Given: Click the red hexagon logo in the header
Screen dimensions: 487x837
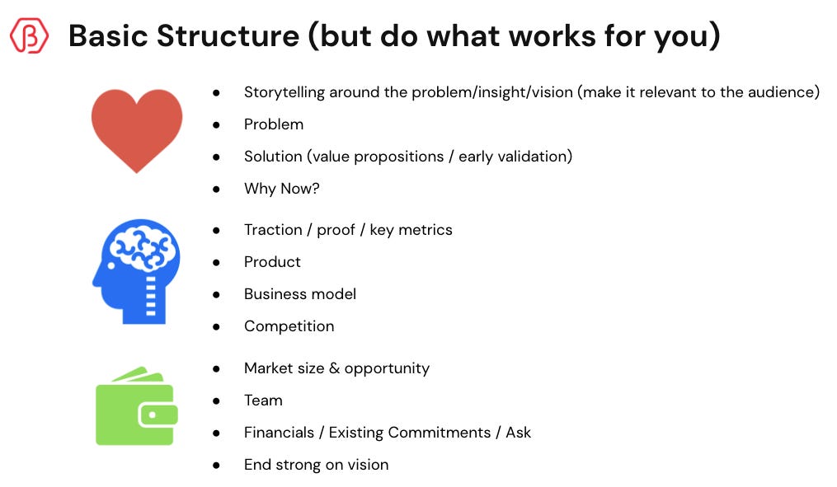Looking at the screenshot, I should (29, 35).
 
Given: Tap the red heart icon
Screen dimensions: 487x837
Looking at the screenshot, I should (137, 128).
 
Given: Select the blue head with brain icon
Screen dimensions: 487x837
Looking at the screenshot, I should (135, 271).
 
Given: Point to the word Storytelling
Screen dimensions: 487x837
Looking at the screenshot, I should (284, 92).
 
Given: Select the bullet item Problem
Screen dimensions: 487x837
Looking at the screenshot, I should (274, 124).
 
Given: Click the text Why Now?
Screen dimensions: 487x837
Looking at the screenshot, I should (281, 189).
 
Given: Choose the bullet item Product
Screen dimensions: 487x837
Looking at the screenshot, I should (272, 262).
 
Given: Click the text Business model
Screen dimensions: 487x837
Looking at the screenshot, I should (300, 294).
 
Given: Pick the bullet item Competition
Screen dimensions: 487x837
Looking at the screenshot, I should (289, 326).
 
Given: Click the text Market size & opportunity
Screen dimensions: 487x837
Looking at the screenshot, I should (336, 368).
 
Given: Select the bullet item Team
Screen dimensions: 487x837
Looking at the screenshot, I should (263, 400).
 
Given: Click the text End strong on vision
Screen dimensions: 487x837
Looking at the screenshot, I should (316, 465).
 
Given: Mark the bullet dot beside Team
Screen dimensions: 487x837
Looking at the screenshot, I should (216, 401).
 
